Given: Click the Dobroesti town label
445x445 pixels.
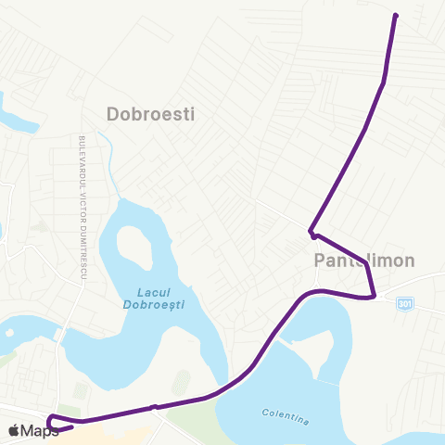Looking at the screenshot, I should click(x=150, y=114).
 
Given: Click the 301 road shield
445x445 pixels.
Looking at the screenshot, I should click(x=404, y=303).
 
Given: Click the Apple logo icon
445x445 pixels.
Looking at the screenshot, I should click(x=14, y=430).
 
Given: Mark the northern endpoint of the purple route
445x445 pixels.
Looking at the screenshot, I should click(x=396, y=16).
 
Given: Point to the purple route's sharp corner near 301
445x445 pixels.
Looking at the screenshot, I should click(x=373, y=297).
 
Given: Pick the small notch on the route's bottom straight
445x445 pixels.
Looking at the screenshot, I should click(x=155, y=406).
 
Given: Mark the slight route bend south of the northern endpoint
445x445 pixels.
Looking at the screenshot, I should click(x=384, y=83).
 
